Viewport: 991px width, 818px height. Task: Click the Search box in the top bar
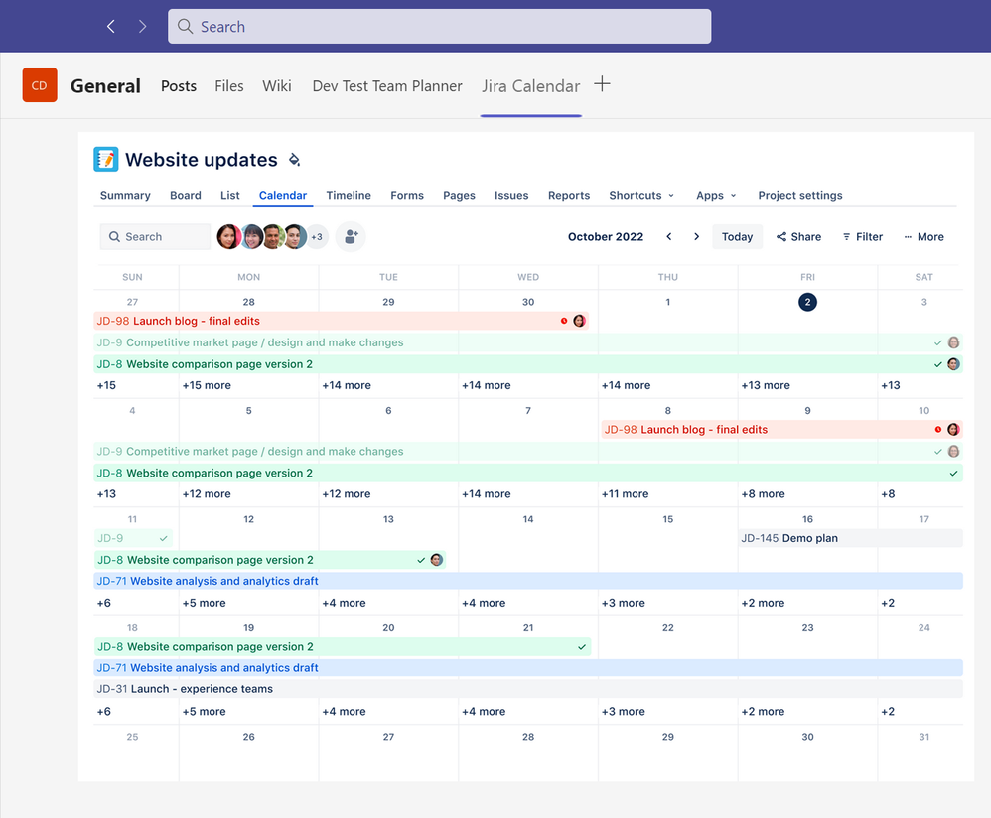pyautogui.click(x=439, y=27)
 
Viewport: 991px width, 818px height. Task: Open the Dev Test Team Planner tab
pyautogui.click(x=387, y=86)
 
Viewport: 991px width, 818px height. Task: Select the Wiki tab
pyautogui.click(x=277, y=86)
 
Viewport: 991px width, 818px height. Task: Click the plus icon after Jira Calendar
pyautogui.click(x=602, y=84)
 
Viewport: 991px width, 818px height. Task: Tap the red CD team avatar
pyautogui.click(x=40, y=85)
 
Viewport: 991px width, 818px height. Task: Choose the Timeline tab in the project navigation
pyautogui.click(x=349, y=196)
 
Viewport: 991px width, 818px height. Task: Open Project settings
pyautogui.click(x=799, y=196)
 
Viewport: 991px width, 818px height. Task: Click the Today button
pyautogui.click(x=737, y=237)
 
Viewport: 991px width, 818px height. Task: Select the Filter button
pyautogui.click(x=862, y=237)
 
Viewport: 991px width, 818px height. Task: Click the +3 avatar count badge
pyautogui.click(x=317, y=237)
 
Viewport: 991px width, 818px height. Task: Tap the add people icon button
pyautogui.click(x=351, y=237)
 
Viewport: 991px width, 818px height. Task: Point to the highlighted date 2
pyautogui.click(x=807, y=302)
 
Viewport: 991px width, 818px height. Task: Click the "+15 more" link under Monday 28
pyautogui.click(x=207, y=385)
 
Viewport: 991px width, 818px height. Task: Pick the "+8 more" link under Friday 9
pyautogui.click(x=763, y=494)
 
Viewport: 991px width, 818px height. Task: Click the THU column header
pyautogui.click(x=668, y=277)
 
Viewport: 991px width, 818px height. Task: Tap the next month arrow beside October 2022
pyautogui.click(x=697, y=237)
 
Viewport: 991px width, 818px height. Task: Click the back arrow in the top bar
pyautogui.click(x=111, y=27)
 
